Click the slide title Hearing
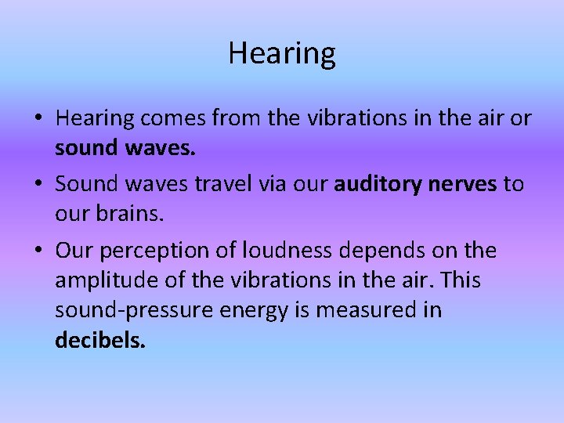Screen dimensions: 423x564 (x=282, y=53)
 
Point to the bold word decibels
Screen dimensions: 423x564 (x=100, y=342)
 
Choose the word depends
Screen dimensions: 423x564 (x=378, y=251)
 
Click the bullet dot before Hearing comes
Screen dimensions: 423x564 (x=38, y=119)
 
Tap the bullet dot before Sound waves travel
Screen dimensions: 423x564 (x=38, y=185)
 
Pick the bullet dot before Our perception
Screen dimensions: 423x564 (x=38, y=251)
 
